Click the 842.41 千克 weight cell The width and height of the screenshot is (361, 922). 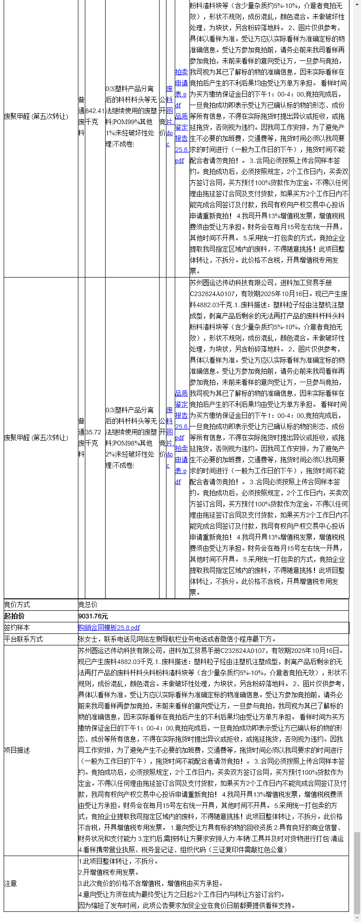[x=95, y=116]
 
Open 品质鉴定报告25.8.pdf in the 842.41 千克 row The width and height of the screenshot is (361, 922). [x=181, y=138]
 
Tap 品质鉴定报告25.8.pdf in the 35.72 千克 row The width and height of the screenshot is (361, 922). [x=181, y=415]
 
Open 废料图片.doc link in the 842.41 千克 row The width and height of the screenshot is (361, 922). [x=170, y=116]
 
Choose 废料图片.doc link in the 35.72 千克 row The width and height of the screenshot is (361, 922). [x=170, y=437]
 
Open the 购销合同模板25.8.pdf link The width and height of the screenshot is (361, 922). [x=109, y=627]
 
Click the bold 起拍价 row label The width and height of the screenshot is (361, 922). [x=14, y=616]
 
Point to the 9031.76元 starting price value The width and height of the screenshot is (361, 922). [x=93, y=616]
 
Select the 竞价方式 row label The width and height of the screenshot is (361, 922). [x=17, y=604]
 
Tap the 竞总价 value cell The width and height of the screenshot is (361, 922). [x=88, y=604]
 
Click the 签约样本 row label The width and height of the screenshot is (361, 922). [x=17, y=627]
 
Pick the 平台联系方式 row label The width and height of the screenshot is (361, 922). [x=24, y=639]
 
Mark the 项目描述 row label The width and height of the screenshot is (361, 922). [x=17, y=750]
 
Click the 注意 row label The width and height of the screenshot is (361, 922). [x=11, y=883]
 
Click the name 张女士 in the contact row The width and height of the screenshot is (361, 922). [x=88, y=639]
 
